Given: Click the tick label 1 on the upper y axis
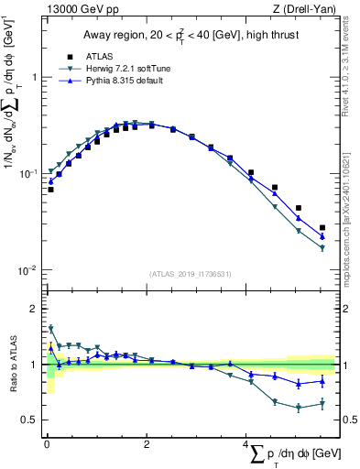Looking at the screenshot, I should click(35, 77).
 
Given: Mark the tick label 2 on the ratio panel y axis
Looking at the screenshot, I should click(35, 309).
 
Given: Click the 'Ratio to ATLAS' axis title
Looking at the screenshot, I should click(12, 365).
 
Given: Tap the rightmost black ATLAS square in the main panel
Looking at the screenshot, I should click(322, 227).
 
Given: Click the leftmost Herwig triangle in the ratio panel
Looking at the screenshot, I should click(50, 328).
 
